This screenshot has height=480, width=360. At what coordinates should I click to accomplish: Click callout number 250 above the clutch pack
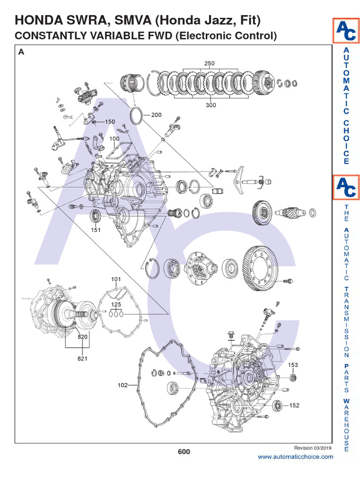point(209,63)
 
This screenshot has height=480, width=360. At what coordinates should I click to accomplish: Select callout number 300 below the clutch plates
point(210,105)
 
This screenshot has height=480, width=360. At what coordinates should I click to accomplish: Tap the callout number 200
point(156,114)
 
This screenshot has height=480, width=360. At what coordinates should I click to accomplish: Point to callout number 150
point(110,122)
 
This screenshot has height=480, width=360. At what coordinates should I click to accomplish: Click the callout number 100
point(114,139)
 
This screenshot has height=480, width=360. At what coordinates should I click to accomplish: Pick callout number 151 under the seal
point(95,230)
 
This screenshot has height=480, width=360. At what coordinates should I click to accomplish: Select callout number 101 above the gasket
point(116,279)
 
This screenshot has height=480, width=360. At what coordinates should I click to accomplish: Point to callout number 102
point(122,385)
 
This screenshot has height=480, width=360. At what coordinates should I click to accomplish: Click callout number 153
point(293,365)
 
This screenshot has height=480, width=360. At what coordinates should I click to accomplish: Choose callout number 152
point(294,405)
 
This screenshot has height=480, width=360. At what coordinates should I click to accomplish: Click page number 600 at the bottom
point(184,452)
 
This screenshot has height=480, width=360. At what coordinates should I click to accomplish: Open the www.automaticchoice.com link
point(295,457)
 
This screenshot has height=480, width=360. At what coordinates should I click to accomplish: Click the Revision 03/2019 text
point(313,448)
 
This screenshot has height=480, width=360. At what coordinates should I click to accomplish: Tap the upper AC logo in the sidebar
point(346,31)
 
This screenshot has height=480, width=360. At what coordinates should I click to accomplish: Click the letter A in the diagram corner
point(21,52)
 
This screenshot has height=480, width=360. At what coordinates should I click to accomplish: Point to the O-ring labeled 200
point(136,115)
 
